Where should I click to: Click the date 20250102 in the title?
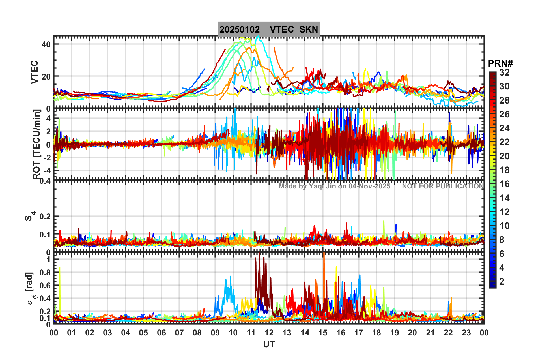240,29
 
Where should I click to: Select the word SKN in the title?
309,29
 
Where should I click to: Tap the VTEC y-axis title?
34,72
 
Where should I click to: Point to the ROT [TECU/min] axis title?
36,144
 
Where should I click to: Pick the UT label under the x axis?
269,344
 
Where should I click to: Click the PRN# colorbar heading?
500,63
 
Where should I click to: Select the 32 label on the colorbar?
504,72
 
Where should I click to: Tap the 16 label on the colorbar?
504,184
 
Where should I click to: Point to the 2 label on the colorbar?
502,282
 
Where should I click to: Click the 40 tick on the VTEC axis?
46,44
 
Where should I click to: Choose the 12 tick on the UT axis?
269,333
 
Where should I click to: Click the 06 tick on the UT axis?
161,333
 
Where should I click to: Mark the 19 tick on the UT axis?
395,333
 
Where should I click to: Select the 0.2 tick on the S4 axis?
45,217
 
